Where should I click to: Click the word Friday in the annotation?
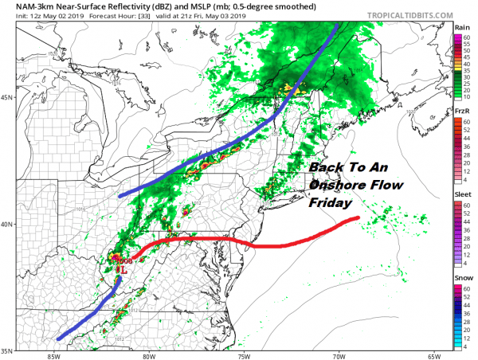point(329,203)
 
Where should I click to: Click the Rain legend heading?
point(461,26)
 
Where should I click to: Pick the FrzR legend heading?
point(461,114)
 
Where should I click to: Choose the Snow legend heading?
point(462,279)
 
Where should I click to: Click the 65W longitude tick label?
point(434,355)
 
